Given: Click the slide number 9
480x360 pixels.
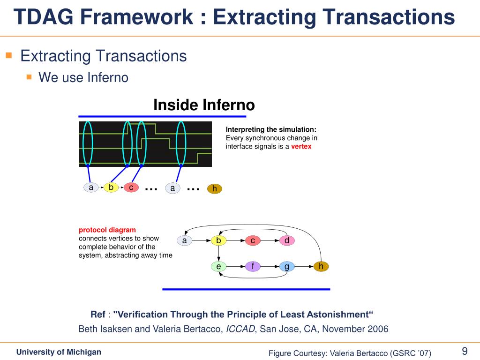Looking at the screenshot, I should (x=465, y=351).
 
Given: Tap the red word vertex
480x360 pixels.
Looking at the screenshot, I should (x=301, y=146).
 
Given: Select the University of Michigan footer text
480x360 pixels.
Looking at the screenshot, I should (x=59, y=352).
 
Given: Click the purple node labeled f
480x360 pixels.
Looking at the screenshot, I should (x=253, y=267).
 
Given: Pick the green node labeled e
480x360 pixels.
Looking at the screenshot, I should (x=218, y=267).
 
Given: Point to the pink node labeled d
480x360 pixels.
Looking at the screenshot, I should (x=287, y=240).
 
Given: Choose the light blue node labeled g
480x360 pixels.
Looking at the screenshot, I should (x=287, y=267).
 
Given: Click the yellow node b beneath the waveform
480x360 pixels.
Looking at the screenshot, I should (x=111, y=187).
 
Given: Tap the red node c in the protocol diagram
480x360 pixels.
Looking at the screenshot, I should (x=253, y=240).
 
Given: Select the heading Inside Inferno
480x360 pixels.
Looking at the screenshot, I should (x=204, y=105).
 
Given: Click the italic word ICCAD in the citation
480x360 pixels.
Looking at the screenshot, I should (x=240, y=329).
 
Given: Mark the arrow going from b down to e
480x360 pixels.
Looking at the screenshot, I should (x=218, y=254).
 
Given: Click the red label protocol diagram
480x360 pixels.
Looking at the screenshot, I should (x=107, y=230).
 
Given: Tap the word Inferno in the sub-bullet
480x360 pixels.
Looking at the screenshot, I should (x=108, y=77).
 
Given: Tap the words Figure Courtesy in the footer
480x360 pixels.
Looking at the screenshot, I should (x=298, y=353).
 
